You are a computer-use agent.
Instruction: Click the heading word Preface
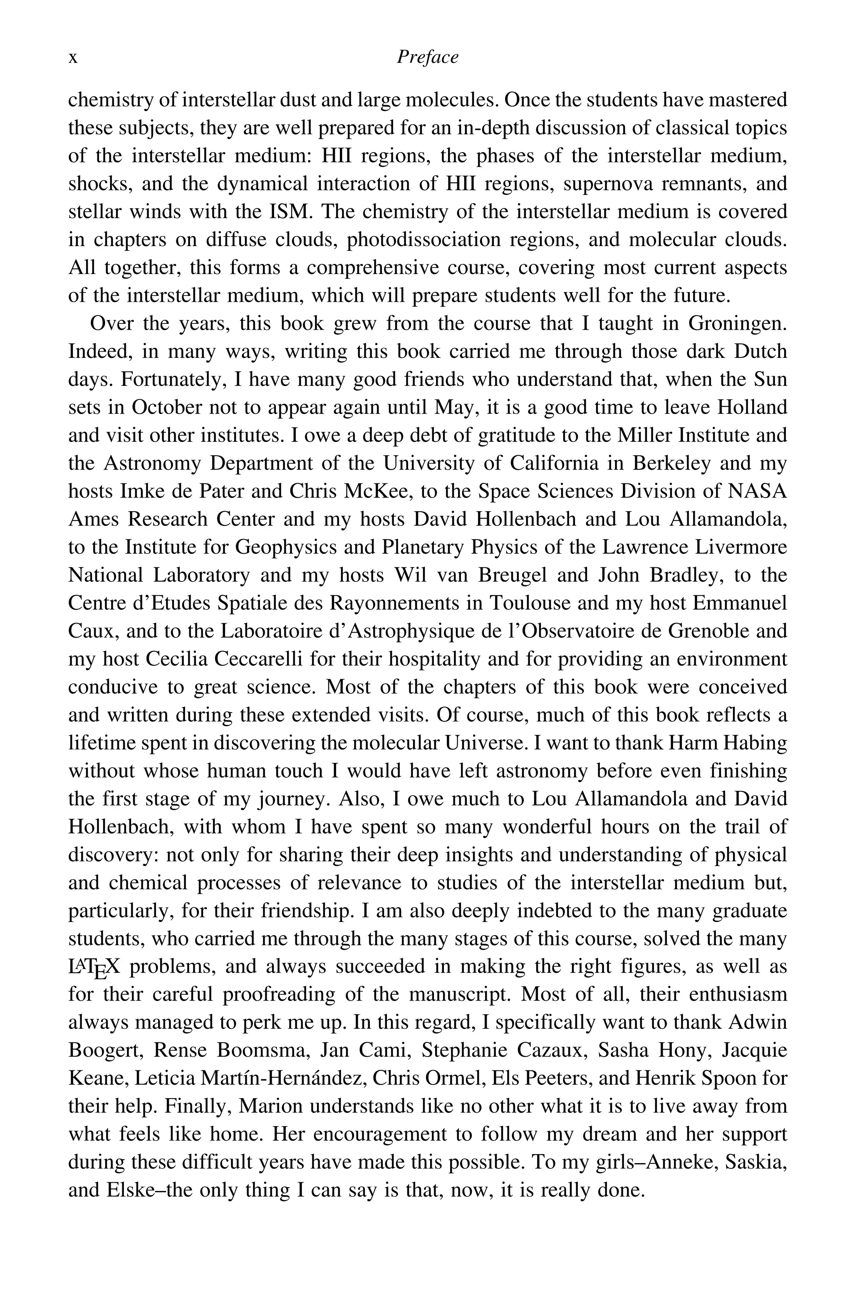427,57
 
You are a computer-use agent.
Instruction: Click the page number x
73,58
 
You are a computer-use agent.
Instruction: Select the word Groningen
737,324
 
